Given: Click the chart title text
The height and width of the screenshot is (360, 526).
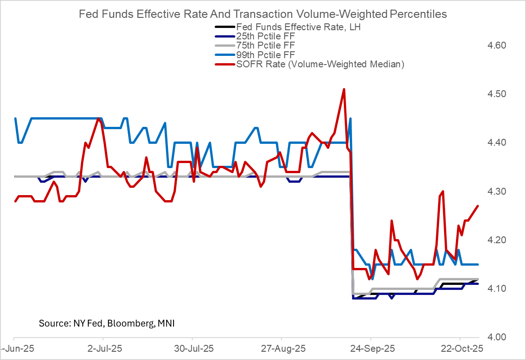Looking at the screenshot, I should [x=263, y=14].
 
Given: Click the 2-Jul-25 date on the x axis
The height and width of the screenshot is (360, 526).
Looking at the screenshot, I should [x=104, y=349].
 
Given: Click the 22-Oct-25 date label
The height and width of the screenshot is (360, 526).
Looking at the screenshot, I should [x=459, y=349].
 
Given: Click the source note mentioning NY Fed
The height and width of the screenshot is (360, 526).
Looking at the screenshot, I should [x=107, y=323].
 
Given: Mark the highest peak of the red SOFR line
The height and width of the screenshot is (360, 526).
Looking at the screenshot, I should [x=344, y=89].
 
